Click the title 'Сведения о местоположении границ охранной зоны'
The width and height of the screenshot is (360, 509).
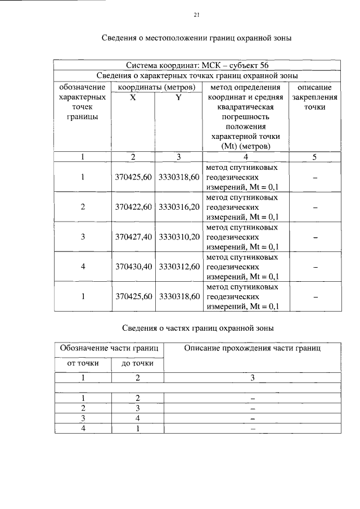(196, 38)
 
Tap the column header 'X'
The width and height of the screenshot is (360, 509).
(133, 97)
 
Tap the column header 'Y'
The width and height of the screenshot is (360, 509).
(178, 97)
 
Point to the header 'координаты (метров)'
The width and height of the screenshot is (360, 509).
(156, 87)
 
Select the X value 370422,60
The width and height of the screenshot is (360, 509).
(133, 207)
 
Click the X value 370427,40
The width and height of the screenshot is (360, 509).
(133, 237)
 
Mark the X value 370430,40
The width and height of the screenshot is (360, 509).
(133, 267)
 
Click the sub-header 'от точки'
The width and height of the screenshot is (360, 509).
(83, 363)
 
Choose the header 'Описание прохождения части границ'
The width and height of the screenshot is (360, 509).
(253, 349)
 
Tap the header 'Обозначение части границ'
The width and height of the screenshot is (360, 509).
(110, 349)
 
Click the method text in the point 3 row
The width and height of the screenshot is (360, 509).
(242, 237)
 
